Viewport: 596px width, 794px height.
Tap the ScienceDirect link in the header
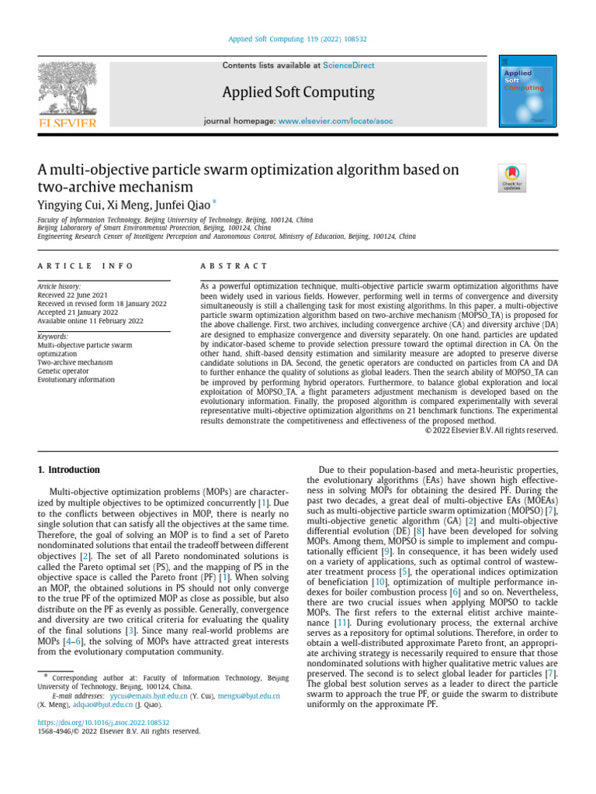[x=348, y=66]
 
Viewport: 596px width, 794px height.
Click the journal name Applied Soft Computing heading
[x=298, y=93]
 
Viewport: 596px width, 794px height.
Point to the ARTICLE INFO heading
[x=85, y=266]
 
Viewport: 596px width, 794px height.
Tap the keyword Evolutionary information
[x=76, y=380]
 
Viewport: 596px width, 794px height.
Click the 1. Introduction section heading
[x=69, y=470]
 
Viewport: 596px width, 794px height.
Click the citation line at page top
[x=298, y=40]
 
